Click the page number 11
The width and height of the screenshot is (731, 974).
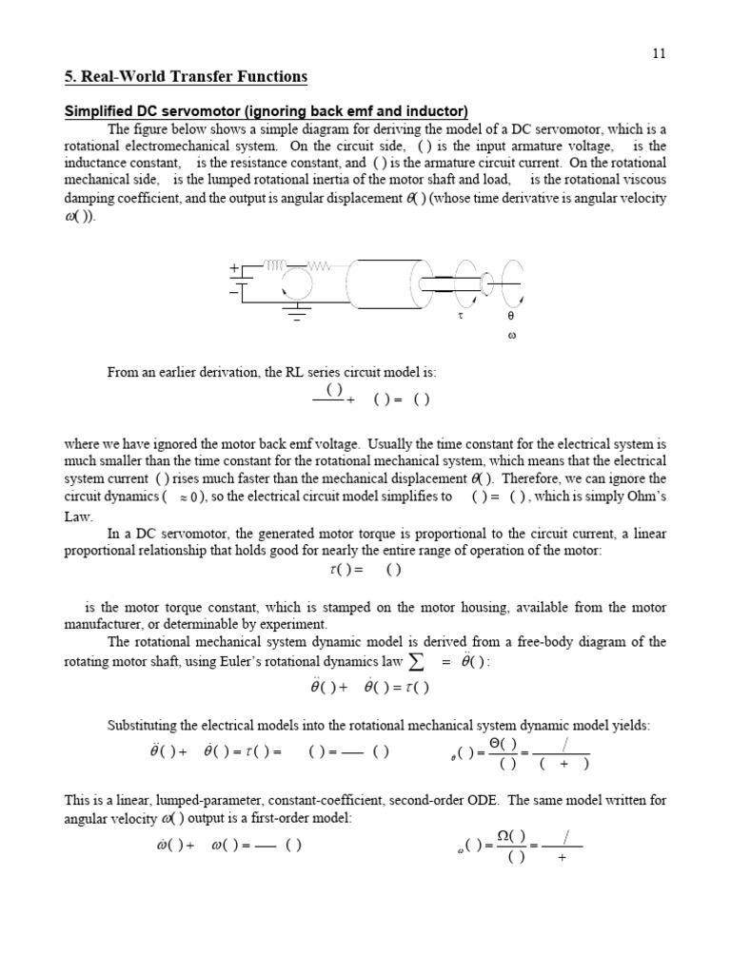click(659, 53)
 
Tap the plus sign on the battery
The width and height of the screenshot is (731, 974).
click(233, 270)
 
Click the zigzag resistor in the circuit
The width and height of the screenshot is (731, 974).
click(320, 265)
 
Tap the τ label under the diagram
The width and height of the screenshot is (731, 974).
click(461, 314)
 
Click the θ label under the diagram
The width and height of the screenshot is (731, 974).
click(510, 315)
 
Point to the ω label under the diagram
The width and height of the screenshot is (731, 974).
click(511, 338)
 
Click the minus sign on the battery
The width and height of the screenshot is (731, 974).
click(233, 291)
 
